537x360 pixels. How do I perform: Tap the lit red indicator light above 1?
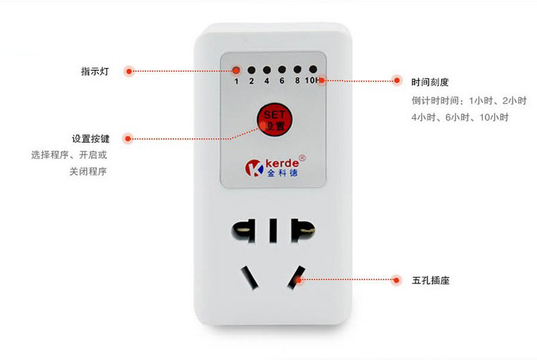coord(236,70)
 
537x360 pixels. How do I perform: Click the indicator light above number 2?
coord(251,70)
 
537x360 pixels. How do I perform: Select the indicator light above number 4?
coord(266,70)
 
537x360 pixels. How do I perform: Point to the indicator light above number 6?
coord(281,70)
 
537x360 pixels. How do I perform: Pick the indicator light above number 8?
coord(297,70)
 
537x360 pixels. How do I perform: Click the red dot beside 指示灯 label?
coord(129,72)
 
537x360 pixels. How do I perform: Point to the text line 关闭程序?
coord(88,172)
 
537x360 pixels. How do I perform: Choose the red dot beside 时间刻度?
coord(397,82)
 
